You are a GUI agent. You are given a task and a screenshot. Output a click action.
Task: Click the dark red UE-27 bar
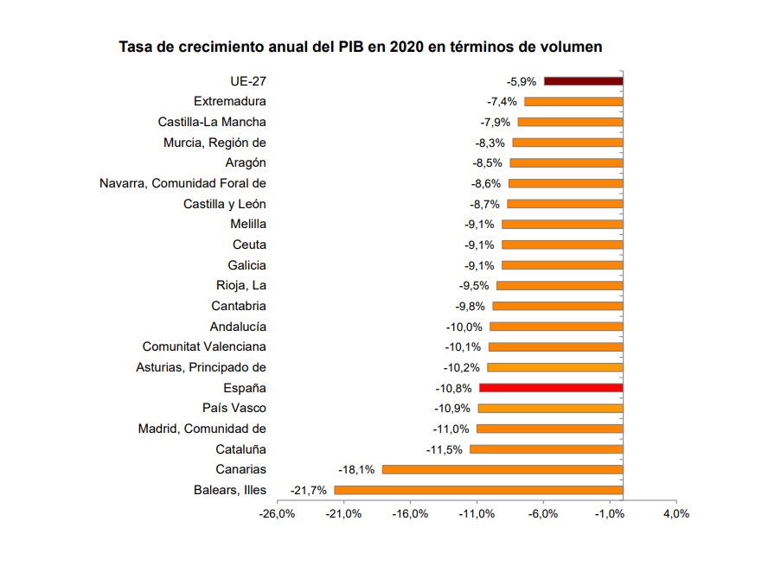(583, 81)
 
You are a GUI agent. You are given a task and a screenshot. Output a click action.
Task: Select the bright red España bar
(551, 388)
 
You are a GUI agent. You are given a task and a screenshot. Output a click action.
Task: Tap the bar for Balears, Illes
(478, 490)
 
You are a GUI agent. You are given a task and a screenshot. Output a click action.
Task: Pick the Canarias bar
(503, 469)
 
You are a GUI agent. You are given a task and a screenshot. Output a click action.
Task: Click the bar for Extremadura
(573, 102)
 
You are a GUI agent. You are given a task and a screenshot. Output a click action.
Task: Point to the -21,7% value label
(309, 490)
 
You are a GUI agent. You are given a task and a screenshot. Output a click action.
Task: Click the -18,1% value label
(356, 469)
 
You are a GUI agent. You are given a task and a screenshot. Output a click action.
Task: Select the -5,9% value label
(522, 81)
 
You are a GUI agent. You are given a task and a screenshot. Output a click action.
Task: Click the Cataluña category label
(240, 449)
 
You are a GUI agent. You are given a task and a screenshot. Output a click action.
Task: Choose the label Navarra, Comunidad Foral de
(182, 183)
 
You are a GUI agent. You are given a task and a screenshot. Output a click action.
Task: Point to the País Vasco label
(234, 408)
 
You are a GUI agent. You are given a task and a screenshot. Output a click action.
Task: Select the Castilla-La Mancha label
(212, 122)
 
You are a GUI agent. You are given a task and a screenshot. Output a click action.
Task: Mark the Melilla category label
(248, 224)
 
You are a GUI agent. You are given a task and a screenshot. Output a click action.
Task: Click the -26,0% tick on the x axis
(277, 514)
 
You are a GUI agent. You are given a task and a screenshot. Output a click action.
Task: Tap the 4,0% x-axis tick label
(675, 514)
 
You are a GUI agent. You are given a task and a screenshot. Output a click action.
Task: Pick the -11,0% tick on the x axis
(476, 514)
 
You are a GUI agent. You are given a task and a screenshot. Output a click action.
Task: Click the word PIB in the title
(347, 47)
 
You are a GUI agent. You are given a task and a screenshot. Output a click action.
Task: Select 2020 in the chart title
(407, 47)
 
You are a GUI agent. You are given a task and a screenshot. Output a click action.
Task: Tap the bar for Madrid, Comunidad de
(550, 429)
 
